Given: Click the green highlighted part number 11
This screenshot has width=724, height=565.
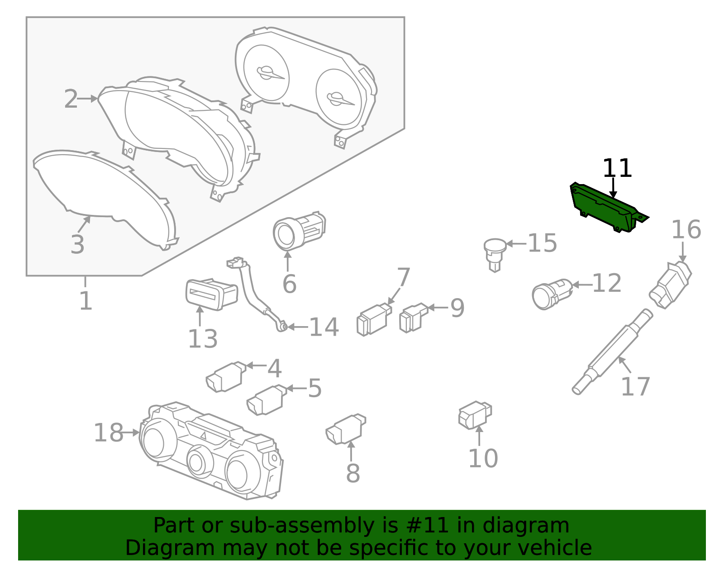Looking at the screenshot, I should pyautogui.click(x=604, y=208).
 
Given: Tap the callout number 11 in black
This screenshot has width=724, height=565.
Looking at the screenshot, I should pyautogui.click(x=617, y=169).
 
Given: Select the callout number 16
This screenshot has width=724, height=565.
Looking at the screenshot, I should pyautogui.click(x=686, y=230).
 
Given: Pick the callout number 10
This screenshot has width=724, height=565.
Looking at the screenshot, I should pyautogui.click(x=483, y=459).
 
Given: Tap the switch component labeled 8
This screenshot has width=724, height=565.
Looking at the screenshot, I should pyautogui.click(x=346, y=429).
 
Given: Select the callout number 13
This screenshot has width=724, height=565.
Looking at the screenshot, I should pyautogui.click(x=203, y=339).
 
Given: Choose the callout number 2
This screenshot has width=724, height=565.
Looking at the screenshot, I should pyautogui.click(x=71, y=100).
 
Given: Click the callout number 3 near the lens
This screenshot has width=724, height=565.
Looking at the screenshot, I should pyautogui.click(x=77, y=245).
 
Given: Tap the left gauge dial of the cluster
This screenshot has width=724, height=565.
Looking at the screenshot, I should pyautogui.click(x=266, y=72).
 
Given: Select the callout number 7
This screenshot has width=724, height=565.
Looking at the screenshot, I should pyautogui.click(x=403, y=277).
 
